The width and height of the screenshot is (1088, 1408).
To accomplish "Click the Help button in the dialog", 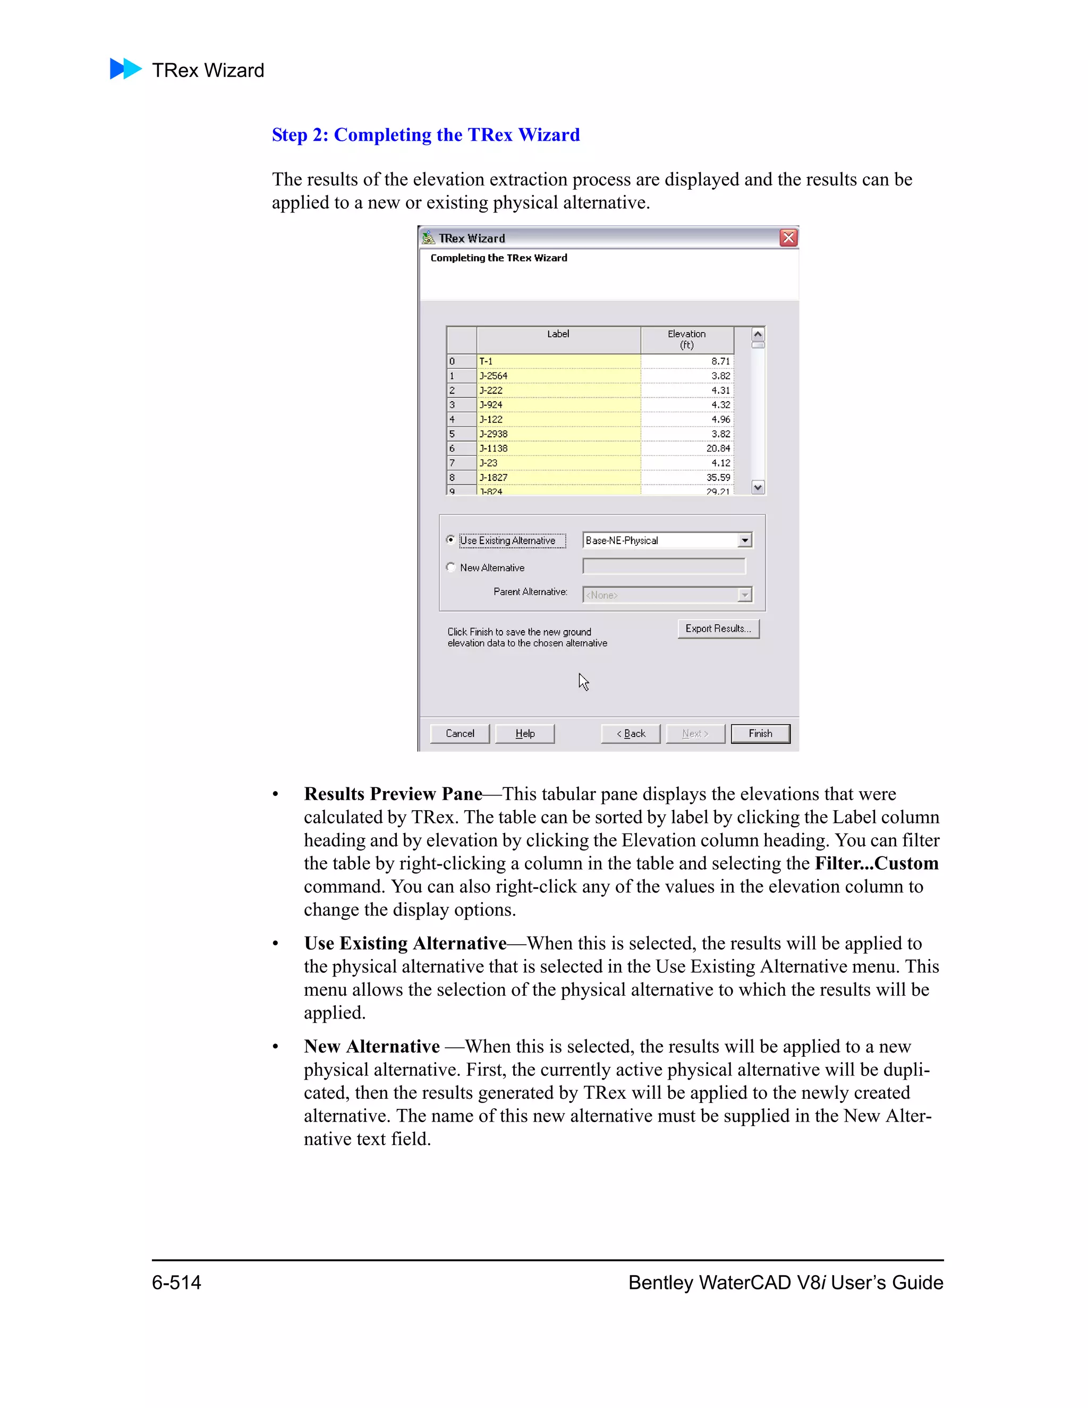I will (525, 734).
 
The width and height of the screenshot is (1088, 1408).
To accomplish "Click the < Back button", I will (631, 734).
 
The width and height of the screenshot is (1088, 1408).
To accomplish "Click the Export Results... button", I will (718, 629).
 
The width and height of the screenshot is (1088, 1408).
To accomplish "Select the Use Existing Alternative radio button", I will (450, 540).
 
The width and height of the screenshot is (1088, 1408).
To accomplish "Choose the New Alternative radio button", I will (450, 567).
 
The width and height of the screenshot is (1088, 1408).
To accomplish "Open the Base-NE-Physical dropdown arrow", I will (744, 540).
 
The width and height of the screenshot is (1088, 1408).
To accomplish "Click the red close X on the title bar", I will (788, 238).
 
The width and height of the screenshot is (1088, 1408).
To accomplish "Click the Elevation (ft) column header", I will (686, 339).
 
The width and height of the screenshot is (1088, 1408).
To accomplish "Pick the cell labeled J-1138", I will (558, 448).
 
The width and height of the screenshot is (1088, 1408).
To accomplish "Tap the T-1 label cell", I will (558, 361).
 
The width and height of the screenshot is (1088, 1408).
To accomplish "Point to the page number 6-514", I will (176, 1282).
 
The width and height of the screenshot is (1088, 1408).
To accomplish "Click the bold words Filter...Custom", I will (876, 863).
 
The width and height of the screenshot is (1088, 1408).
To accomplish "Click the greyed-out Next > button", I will (695, 734).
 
